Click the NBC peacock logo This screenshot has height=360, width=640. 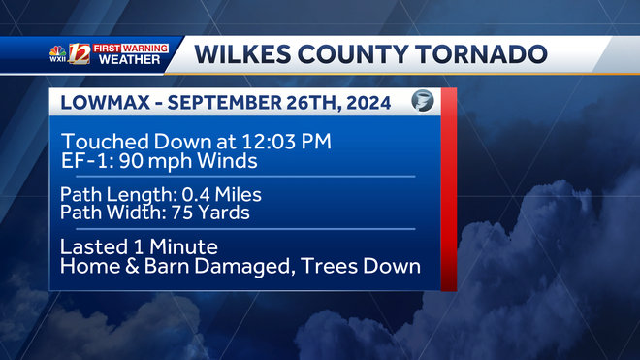coord(58,49)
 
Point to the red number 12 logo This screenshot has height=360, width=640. coord(80,54)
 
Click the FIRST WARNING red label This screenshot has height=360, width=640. coord(131,48)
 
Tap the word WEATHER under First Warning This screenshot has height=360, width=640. coord(131,61)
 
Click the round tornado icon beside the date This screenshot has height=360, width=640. coord(422,101)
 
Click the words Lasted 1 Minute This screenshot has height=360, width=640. coord(138,246)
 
